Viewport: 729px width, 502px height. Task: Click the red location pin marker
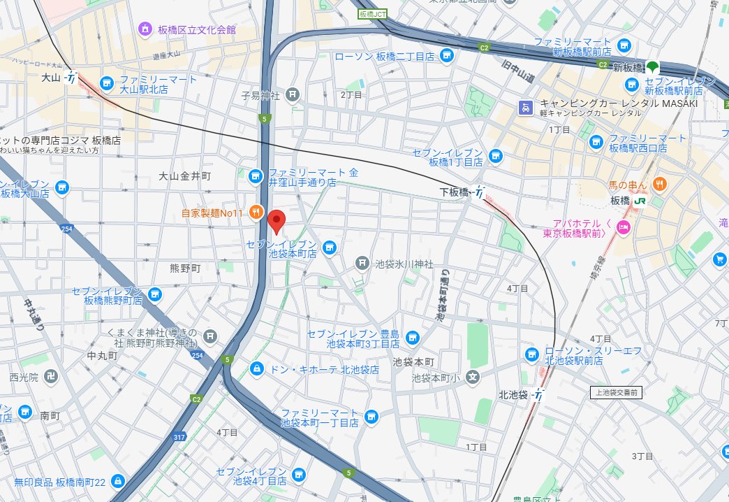coord(277,221)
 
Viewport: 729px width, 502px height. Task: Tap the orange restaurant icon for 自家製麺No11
coord(256,212)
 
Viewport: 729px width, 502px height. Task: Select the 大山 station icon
coord(71,78)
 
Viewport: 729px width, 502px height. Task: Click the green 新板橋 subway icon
coord(652,67)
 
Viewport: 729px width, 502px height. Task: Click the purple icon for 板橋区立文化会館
coord(145,29)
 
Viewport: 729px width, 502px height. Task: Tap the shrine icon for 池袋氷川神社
coord(362,263)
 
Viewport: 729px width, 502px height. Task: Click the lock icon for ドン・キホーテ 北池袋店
coord(257,368)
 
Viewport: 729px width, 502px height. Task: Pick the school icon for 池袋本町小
coord(473,378)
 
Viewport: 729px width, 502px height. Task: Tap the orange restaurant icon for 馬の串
coord(658,184)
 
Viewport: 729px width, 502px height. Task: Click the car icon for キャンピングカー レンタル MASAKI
coord(524,108)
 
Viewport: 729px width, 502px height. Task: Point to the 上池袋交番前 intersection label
coord(614,392)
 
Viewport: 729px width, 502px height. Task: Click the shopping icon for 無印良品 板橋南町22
coord(118,481)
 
